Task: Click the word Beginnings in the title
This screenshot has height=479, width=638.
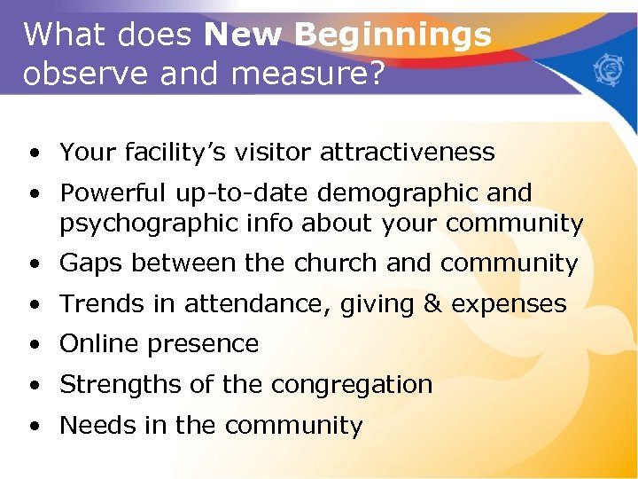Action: (393, 35)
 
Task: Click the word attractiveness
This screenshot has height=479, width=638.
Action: (407, 153)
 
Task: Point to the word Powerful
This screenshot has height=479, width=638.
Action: (113, 193)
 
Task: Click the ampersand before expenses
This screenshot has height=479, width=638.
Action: (432, 304)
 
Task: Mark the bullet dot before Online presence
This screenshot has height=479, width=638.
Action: (33, 345)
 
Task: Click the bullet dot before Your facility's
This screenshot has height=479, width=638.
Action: (33, 153)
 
